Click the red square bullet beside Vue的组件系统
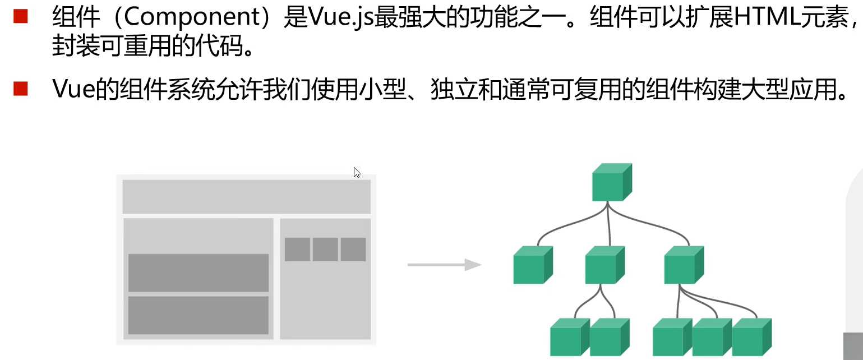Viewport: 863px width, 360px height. pos(20,88)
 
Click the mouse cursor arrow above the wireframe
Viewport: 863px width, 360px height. pos(357,172)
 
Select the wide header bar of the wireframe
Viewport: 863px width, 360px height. pos(246,196)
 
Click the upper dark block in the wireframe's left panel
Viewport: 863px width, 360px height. pos(199,273)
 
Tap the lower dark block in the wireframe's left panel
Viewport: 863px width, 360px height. pos(199,315)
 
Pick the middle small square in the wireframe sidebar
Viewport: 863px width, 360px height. pos(325,250)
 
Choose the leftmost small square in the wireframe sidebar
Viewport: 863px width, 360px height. pos(297,250)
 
